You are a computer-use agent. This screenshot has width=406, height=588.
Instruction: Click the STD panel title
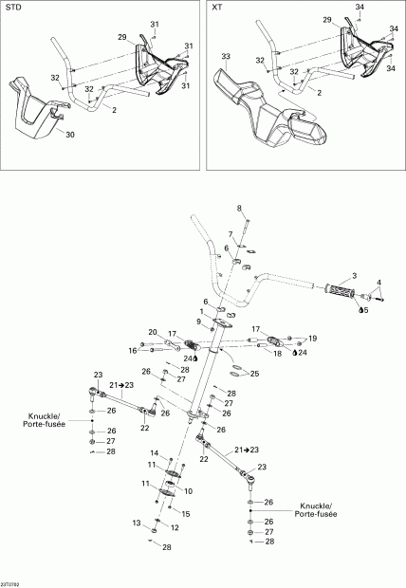tap(13, 8)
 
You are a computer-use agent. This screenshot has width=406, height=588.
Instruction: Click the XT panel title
tap(217, 8)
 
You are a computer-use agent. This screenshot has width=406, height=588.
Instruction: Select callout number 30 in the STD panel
tap(68, 134)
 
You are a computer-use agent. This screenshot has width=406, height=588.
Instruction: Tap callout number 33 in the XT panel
tap(226, 57)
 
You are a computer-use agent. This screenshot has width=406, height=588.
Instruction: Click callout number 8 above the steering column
tap(239, 208)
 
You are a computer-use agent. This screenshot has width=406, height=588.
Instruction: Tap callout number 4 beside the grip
tap(380, 282)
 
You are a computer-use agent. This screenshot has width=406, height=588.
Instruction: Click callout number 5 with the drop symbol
tap(367, 309)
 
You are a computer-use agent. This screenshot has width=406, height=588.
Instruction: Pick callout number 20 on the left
tap(152, 331)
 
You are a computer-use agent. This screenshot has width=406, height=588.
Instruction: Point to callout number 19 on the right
tap(314, 338)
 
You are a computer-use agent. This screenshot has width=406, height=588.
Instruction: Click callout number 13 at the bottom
tap(135, 523)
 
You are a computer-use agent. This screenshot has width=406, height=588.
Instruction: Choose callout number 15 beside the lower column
tap(185, 513)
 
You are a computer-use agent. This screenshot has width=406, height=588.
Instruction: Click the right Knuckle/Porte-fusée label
tap(318, 510)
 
